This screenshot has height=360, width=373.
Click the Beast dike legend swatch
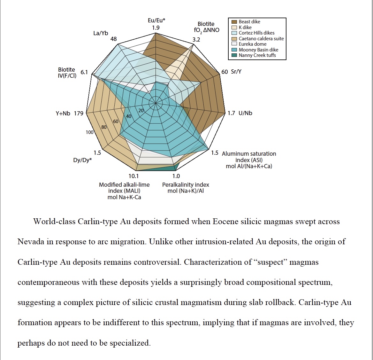click(234, 22)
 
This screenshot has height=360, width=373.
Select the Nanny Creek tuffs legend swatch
click(234, 55)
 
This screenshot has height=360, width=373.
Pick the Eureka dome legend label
click(252, 44)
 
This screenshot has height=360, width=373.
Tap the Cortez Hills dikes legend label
click(256, 33)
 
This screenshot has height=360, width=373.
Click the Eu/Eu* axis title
click(156, 20)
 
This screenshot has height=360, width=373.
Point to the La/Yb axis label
click(101, 33)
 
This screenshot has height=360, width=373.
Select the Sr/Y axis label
click(236, 72)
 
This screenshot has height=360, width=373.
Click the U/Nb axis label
click(245, 113)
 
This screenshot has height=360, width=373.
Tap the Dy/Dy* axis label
click(82, 160)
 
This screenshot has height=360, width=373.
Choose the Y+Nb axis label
click(63, 113)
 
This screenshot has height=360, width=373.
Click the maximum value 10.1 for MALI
click(133, 176)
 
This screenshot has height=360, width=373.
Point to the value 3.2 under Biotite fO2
click(196, 40)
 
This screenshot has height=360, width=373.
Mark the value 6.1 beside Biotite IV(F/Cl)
click(84, 72)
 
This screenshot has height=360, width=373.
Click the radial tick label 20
click(141, 111)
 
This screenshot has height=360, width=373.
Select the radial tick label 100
click(89, 132)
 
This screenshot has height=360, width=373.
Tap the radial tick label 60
click(116, 121)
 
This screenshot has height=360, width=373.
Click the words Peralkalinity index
click(186, 185)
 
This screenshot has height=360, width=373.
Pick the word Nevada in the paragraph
click(31, 242)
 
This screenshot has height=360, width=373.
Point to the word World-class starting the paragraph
click(54, 222)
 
